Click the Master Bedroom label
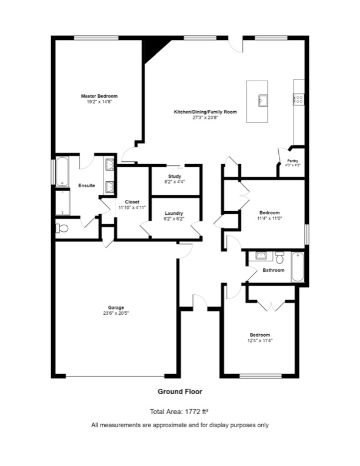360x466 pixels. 99,96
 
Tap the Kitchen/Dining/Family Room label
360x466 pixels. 205,111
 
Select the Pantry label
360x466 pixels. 292,160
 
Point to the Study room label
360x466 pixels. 174,176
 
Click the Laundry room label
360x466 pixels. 174,213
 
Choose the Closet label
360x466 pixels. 132,202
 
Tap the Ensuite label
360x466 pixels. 86,185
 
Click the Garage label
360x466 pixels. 115,307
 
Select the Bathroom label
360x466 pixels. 274,270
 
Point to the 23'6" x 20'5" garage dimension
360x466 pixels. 115,313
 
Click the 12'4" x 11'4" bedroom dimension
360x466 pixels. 259,340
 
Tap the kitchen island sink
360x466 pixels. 262,100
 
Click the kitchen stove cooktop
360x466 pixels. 299,99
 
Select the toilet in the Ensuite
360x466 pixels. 62,228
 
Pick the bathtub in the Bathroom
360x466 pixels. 298,267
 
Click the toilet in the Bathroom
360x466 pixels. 280,257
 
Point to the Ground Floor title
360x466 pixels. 180,391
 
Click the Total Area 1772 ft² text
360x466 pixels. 180,411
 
